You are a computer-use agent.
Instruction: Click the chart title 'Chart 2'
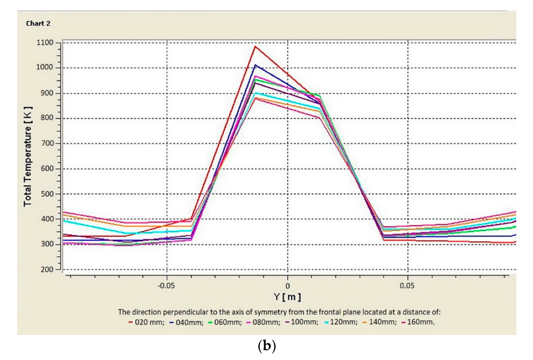coord(38,23)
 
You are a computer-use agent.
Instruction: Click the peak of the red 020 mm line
coord(255,46)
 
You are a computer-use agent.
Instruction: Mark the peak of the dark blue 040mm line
coord(255,65)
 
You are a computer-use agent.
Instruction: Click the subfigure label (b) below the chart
coord(266,346)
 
